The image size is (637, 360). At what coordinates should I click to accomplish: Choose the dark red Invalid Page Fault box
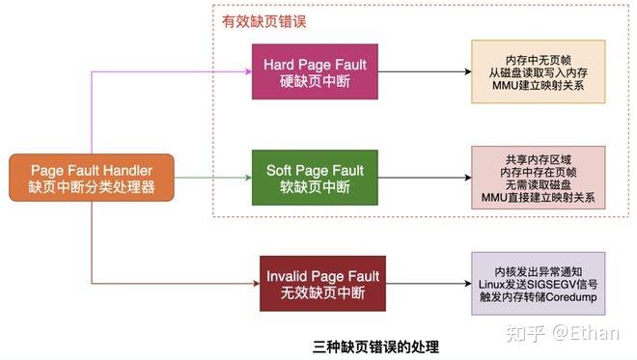pyautogui.click(x=322, y=283)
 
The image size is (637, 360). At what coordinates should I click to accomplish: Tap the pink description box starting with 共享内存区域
pyautogui.click(x=538, y=177)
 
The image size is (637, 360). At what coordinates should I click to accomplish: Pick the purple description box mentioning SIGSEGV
pyautogui.click(x=538, y=283)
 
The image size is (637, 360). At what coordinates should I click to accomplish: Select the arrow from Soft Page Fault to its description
pyautogui.click(x=425, y=177)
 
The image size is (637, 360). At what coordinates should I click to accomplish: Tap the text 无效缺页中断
pyautogui.click(x=322, y=293)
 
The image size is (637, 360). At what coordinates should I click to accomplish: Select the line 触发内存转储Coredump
pyautogui.click(x=538, y=298)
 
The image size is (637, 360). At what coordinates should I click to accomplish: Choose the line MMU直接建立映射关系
pyautogui.click(x=538, y=198)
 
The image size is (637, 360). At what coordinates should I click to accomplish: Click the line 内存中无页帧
pyautogui.click(x=538, y=58)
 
